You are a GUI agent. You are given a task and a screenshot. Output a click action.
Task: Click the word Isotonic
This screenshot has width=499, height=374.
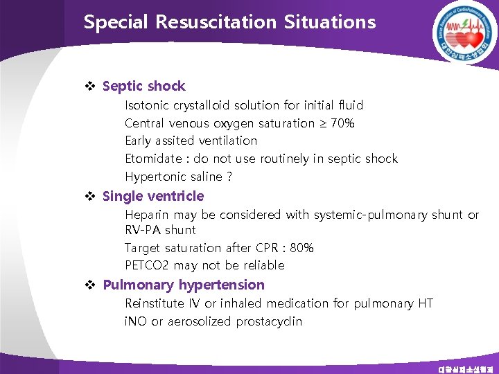click(146, 105)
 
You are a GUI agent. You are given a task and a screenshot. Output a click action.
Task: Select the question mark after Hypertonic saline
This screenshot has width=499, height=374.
click(229, 177)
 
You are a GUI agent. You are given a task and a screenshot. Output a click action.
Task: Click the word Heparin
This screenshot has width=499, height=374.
click(146, 215)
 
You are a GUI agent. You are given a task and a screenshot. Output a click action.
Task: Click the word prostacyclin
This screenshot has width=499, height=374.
click(270, 321)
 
